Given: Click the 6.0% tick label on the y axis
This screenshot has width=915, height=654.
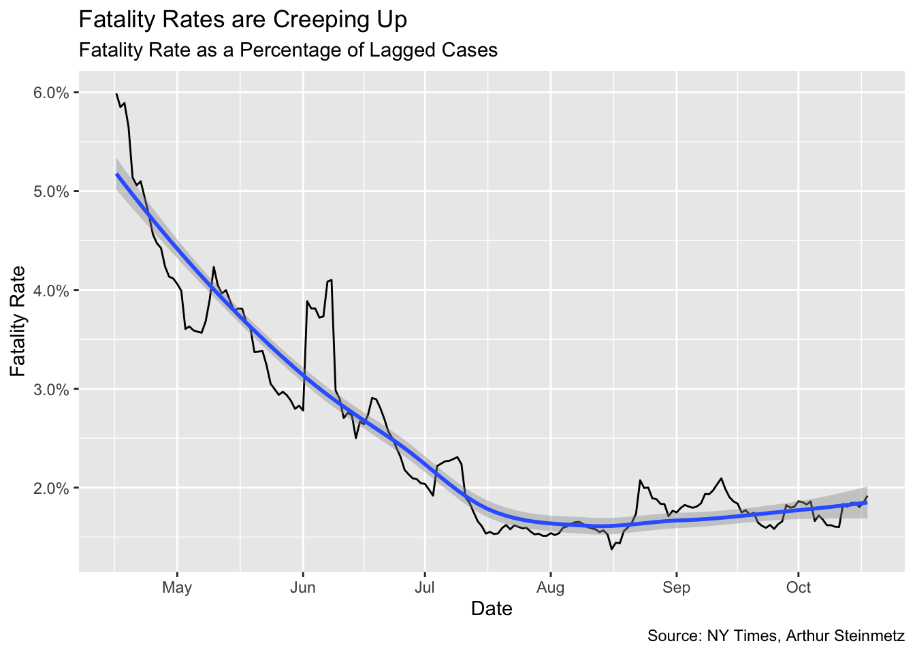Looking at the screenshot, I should point(51,93).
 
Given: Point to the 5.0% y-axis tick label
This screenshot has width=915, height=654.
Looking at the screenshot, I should point(51,191).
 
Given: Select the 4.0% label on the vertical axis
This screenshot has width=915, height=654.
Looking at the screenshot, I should point(51,290).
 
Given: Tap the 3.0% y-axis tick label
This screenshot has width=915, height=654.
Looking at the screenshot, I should point(51,389).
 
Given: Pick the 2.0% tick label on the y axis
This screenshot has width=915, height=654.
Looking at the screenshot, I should point(51,488).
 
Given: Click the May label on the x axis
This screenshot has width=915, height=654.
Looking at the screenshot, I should point(177,587).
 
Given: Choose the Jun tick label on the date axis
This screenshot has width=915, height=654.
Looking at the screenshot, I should point(302,587).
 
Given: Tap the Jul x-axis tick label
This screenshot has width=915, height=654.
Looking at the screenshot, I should point(425,587).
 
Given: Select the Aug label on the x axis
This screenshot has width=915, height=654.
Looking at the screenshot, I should point(550,587).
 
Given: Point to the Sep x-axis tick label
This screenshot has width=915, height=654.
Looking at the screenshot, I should point(676,587).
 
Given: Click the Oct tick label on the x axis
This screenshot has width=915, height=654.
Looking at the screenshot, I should point(798,587).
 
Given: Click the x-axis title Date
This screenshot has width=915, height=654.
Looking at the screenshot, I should point(492,608).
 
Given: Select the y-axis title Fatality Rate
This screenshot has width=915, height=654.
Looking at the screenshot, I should point(18,321).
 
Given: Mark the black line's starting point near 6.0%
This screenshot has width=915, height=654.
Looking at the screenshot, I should point(116,93).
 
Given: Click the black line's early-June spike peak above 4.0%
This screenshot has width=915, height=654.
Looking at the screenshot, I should point(331,279).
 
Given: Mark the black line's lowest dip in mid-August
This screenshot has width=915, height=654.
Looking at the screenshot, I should point(612,549).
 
